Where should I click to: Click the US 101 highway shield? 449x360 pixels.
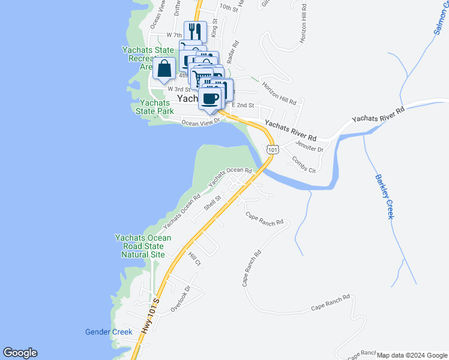coord(273,149)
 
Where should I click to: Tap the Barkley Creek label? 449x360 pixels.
coord(384,196)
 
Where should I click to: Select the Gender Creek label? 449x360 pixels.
coord(108,332)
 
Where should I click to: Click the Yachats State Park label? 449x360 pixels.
coord(155,107)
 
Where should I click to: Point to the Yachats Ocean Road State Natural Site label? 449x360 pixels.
coord(143,246)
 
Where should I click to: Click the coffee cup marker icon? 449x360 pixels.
coord(210,98)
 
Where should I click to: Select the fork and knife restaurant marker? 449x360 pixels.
coord(195,31)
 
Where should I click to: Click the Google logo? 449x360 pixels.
coord(20,353)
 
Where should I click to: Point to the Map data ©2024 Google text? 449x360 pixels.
coord(412,355)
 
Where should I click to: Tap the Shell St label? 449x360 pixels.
coord(212,202)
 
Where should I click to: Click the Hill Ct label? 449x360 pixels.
coord(194,260)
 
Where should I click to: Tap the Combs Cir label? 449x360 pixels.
coord(303,164)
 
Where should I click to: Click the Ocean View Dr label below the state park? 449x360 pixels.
coord(201,122)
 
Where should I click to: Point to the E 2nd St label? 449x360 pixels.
coord(243,105)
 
